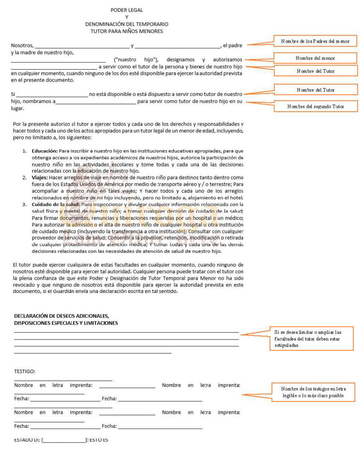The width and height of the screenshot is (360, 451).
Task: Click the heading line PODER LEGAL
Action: [x=127, y=10]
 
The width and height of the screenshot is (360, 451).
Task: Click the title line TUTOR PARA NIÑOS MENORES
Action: [x=127, y=31]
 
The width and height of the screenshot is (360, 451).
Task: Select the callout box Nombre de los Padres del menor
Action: [x=315, y=41]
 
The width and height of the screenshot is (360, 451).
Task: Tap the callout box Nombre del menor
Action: [x=315, y=58]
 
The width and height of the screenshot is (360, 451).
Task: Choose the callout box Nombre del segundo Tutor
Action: [x=316, y=106]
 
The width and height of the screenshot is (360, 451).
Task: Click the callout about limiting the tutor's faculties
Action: [x=311, y=339]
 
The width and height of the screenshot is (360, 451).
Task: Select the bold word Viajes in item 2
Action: [x=40, y=177]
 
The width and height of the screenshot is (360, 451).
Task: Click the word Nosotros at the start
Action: [x=22, y=45]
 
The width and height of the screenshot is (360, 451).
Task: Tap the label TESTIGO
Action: [x=25, y=371]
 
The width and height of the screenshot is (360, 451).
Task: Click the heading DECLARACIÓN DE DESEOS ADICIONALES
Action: [x=62, y=316]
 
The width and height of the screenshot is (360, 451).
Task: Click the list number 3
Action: [x=25, y=204]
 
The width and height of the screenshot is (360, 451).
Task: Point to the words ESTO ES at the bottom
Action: [x=99, y=440]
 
